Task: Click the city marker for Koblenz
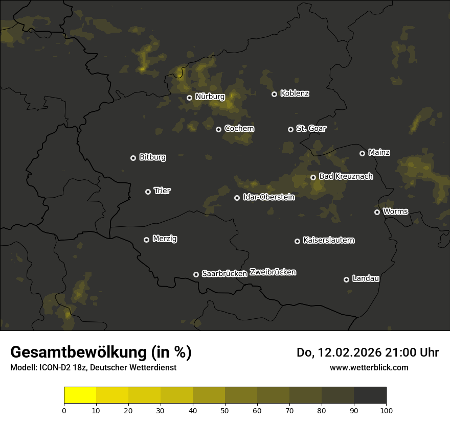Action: (x=274, y=94)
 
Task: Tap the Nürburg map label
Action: (x=210, y=97)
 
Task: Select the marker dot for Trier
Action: (x=148, y=192)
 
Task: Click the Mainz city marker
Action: (x=362, y=153)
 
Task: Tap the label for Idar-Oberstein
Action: (x=268, y=197)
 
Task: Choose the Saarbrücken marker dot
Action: (x=196, y=274)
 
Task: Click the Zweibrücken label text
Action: (x=273, y=272)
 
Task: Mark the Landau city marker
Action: (x=346, y=279)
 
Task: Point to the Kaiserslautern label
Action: (x=328, y=241)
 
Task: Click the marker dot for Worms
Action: (x=377, y=212)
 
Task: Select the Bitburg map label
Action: (x=152, y=158)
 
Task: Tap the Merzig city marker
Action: (x=146, y=240)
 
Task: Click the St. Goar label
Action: (x=311, y=129)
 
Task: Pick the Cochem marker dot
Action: (x=218, y=129)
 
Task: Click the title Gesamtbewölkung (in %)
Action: (x=101, y=352)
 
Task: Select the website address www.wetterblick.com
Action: (x=369, y=367)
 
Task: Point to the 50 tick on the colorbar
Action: (x=225, y=410)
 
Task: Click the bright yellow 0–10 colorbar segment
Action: (x=80, y=395)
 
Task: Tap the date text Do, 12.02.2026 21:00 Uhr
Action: (x=368, y=352)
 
